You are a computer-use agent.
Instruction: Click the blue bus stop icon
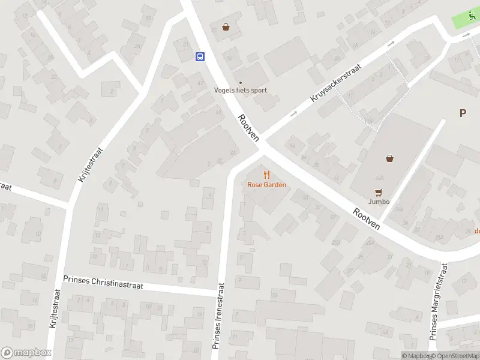[x=200, y=57]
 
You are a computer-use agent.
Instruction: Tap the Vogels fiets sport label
[x=241, y=91]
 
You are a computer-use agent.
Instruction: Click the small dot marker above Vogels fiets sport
[x=241, y=83]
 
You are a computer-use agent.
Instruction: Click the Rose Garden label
[x=266, y=185]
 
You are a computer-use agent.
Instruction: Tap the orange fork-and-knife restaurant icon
[x=267, y=175]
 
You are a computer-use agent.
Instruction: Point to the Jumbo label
[x=379, y=202]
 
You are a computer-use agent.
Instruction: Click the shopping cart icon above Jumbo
[x=378, y=192]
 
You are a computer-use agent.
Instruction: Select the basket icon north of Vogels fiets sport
[x=226, y=27]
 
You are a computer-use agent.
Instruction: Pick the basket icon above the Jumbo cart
[x=390, y=158]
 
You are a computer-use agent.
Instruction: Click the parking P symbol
[x=463, y=113]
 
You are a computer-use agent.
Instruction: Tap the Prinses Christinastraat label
[x=103, y=283]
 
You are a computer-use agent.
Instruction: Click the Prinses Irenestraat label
[x=218, y=316]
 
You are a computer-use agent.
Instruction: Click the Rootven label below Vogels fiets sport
[x=248, y=128]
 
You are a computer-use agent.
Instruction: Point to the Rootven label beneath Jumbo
[x=367, y=219]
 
